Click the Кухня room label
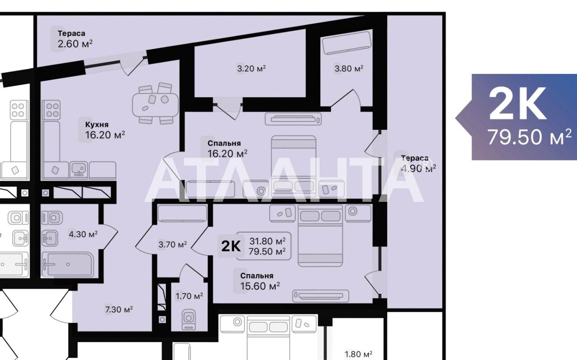point(97,125)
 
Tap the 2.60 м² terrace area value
point(75,44)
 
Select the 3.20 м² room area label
point(252,68)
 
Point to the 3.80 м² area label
point(349,68)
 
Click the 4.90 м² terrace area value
point(419,169)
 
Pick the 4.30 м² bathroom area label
point(83,234)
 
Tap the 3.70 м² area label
point(173,245)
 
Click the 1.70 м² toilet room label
point(189,296)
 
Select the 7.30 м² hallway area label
point(119,309)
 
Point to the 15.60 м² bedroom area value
point(260,286)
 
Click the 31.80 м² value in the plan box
point(267,242)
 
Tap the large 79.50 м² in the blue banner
point(530,137)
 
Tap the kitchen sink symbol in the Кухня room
point(78,170)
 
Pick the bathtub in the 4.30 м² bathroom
point(68,264)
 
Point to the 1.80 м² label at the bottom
point(358,354)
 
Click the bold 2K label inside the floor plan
point(231,246)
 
